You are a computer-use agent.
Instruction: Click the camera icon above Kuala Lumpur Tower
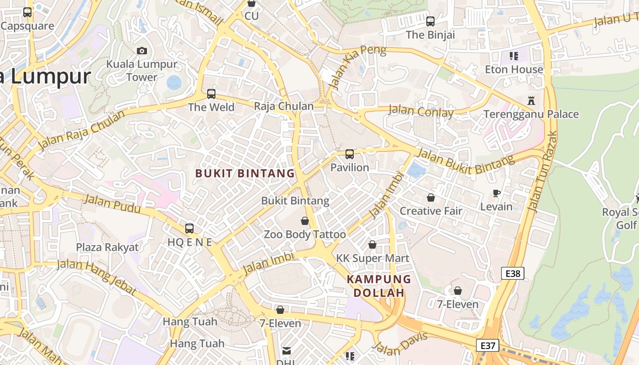coord(142,51)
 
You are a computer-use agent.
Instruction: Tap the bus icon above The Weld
coord(211,94)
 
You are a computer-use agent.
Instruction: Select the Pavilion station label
coord(350,167)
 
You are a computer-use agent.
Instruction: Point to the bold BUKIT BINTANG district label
coord(245,173)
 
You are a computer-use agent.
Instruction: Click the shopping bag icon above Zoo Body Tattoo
coord(305,221)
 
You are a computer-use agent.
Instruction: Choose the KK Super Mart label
coord(372,258)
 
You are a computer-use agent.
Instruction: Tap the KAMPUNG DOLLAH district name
coord(379,286)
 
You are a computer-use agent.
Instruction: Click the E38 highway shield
coord(513,273)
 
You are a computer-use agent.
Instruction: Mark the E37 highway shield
coord(487,345)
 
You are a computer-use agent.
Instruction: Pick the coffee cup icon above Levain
coord(497,193)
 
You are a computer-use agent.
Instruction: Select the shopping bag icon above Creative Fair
coord(430,198)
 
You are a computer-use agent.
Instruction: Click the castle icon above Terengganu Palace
coord(531,100)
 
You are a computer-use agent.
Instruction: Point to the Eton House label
coord(514,69)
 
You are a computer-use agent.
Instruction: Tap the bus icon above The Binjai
coord(430,21)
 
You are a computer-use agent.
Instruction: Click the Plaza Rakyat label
coord(107,247)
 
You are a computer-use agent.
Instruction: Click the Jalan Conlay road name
coord(421,111)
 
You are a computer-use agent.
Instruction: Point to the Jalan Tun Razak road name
coord(542,171)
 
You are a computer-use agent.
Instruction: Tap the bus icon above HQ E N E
coord(189,229)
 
